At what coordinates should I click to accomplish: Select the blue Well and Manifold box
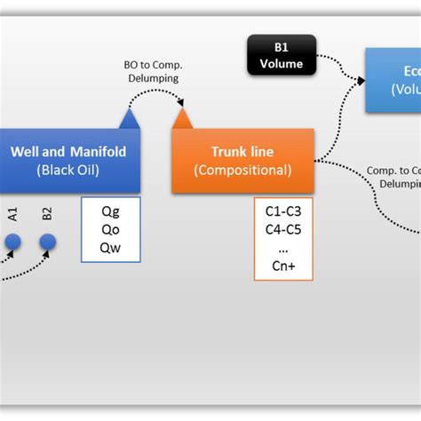68,160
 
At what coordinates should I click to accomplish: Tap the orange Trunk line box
242,161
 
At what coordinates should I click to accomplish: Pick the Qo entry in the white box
110,230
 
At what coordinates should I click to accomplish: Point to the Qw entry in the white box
110,248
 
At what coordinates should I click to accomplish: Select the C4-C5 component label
282,230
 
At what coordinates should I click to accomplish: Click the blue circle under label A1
13,242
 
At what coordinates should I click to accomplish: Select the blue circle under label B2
47,242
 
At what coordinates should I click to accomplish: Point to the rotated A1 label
13,214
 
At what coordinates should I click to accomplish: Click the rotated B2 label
47,214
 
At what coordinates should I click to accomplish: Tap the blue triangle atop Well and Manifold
129,118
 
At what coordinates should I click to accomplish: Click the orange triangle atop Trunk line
182,118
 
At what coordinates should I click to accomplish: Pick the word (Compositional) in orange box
242,170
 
